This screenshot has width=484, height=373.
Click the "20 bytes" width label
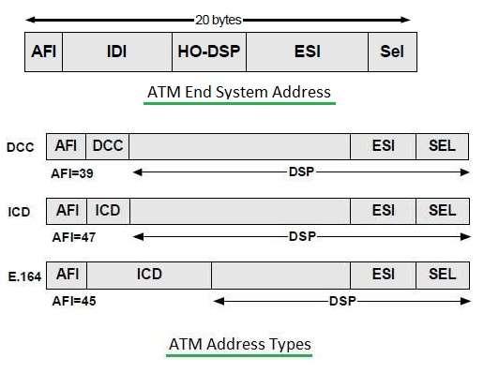tap(219, 18)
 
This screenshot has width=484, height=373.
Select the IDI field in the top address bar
tap(117, 52)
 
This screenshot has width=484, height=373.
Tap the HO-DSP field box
tap(209, 52)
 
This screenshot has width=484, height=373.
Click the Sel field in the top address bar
tap(392, 52)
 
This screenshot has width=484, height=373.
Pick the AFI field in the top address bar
tap(44, 52)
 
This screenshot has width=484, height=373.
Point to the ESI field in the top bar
tap(307, 52)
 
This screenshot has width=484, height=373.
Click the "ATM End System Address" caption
tap(239, 92)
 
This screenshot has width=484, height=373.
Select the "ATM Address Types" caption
tap(239, 344)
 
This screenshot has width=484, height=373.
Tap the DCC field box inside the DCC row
tap(108, 146)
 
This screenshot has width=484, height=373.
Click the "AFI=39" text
tap(72, 173)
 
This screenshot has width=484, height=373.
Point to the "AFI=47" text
tap(72, 237)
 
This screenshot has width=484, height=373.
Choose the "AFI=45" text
tap(72, 301)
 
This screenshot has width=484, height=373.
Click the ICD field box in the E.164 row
tap(149, 275)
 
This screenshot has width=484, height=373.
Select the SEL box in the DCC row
tap(442, 146)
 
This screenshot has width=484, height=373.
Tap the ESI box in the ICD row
tap(383, 211)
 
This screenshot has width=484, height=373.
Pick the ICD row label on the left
tap(19, 212)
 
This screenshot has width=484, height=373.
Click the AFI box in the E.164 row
tap(67, 275)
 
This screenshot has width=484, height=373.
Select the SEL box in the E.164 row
tap(442, 275)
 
